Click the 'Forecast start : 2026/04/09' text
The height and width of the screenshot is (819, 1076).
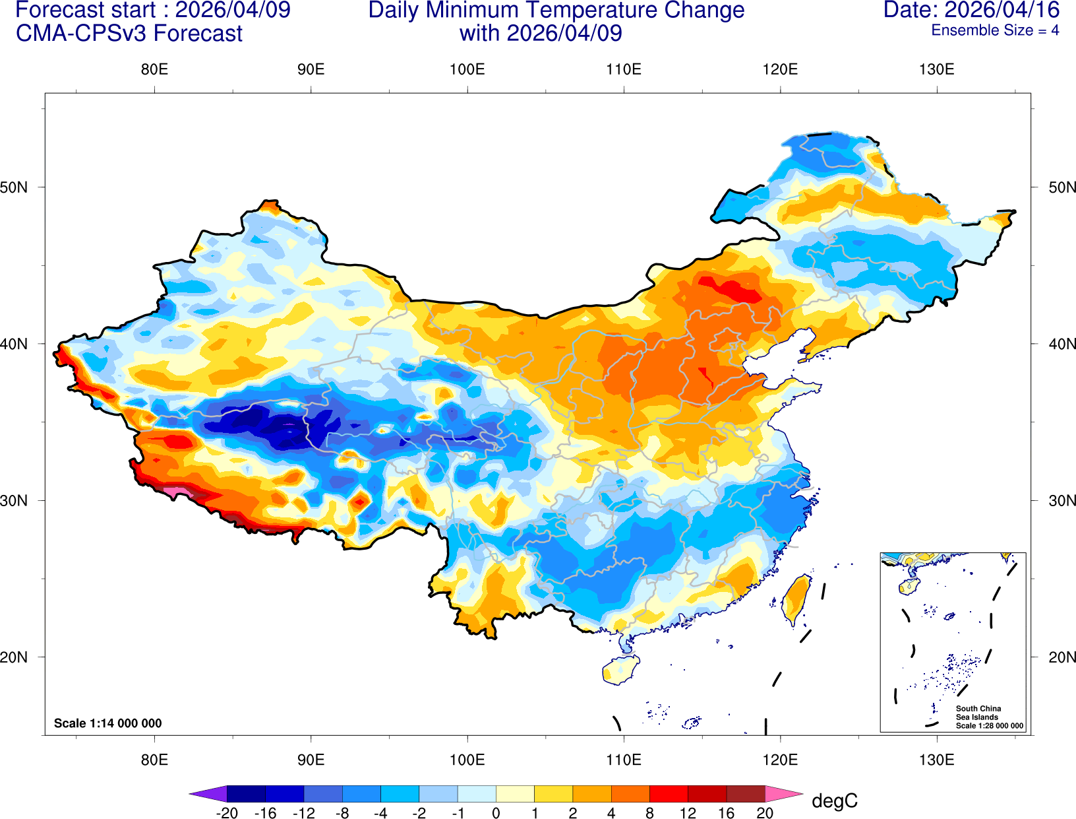click(152, 10)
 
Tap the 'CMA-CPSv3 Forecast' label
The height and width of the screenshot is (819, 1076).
click(129, 33)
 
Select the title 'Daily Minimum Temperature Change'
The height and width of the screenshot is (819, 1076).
click(556, 11)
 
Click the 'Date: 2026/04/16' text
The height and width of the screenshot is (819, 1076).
click(971, 10)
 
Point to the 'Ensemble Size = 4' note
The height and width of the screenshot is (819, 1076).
click(995, 30)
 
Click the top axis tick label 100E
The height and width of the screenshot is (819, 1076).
click(467, 70)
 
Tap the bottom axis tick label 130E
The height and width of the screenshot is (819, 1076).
click(936, 760)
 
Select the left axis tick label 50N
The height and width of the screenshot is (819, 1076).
click(14, 187)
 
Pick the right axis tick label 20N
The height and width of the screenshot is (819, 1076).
click(1061, 657)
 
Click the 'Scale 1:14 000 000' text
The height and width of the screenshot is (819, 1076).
click(107, 723)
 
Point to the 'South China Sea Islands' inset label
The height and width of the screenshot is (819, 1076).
click(978, 713)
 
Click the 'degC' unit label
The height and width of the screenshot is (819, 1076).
click(834, 801)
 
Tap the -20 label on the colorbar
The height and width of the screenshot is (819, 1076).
click(227, 813)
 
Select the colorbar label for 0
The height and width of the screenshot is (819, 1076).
click(496, 813)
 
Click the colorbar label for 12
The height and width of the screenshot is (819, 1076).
click(688, 813)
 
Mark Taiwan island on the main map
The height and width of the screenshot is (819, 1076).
click(796, 599)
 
